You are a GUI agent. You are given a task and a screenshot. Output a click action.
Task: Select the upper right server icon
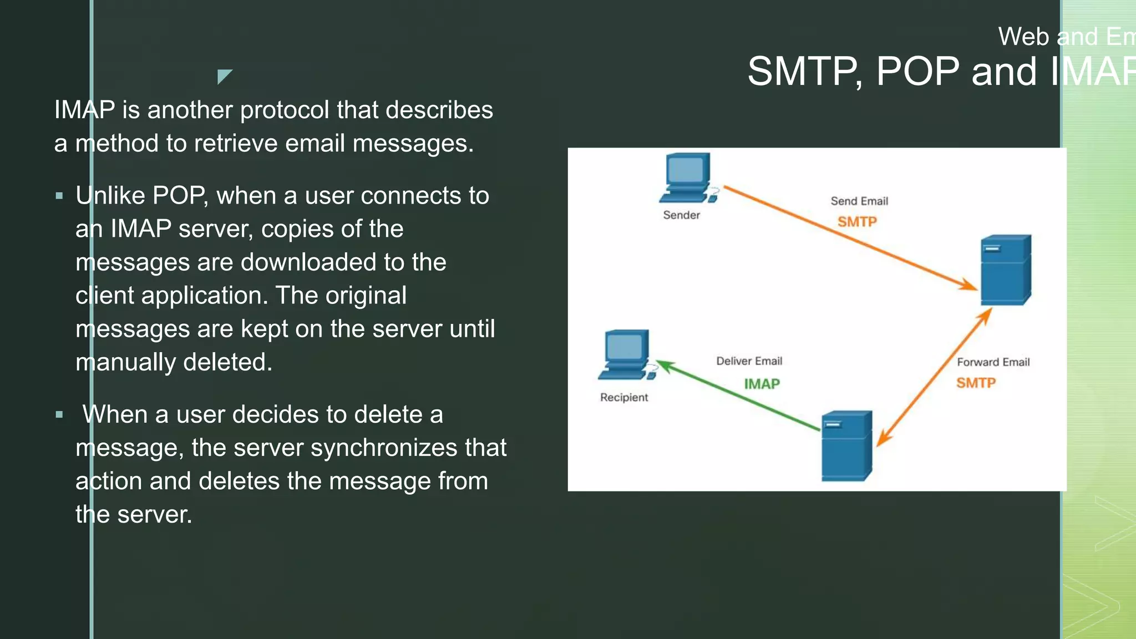(1005, 270)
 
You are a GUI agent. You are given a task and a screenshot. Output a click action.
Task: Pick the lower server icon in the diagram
(846, 445)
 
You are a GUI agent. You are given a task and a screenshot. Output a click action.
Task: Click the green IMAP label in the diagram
(762, 384)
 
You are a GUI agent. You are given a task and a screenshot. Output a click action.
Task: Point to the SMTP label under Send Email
(857, 222)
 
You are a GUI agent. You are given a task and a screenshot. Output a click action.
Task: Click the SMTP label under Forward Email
(976, 383)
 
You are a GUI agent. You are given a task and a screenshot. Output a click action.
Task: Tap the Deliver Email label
(749, 361)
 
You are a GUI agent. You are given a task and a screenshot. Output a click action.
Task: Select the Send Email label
(859, 201)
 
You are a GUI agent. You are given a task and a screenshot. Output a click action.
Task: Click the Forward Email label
(993, 362)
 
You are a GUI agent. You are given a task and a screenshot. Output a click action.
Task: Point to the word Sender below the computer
(681, 215)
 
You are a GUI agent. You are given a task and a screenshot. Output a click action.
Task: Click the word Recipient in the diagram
(623, 398)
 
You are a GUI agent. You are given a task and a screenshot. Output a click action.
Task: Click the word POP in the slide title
(917, 72)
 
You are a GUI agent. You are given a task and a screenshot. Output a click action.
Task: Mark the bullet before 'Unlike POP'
(59, 196)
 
